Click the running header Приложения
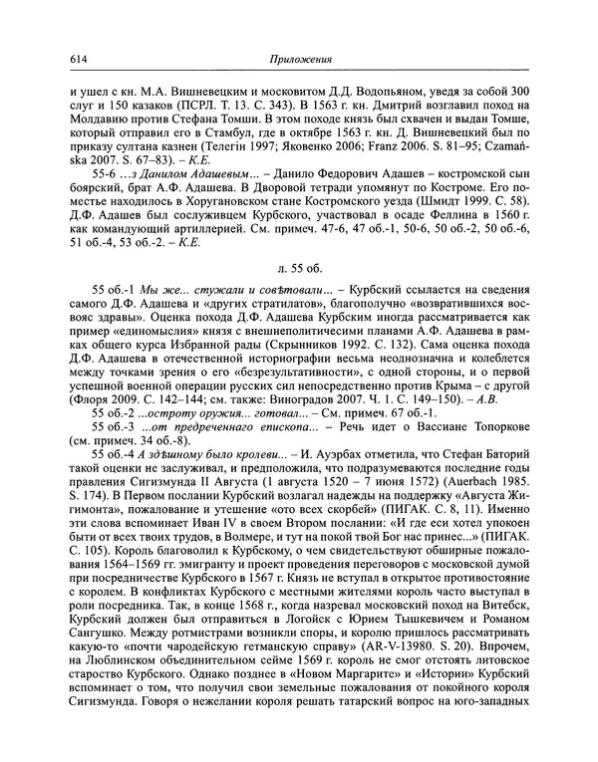coord(299,59)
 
